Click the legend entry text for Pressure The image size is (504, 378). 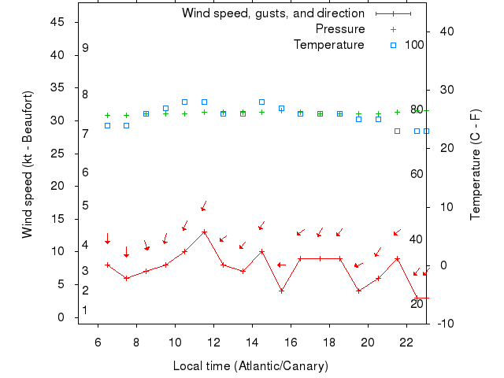tap(339, 29)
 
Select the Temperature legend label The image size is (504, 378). tap(328, 45)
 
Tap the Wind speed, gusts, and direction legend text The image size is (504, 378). tap(272, 13)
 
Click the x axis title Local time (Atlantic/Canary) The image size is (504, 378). tap(250, 366)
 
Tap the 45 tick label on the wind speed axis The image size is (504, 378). tap(57, 22)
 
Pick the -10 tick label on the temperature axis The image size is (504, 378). tap(444, 324)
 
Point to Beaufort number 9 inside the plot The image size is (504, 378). tap(85, 48)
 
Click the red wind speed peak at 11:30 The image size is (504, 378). tap(204, 232)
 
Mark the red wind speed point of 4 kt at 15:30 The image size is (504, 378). tap(281, 291)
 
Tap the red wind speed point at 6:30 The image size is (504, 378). tap(108, 265)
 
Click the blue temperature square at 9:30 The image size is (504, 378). tap(165, 109)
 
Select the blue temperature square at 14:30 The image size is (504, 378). tap(262, 102)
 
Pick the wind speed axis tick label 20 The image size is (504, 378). tap(57, 186)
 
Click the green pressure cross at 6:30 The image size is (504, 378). tap(108, 116)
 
